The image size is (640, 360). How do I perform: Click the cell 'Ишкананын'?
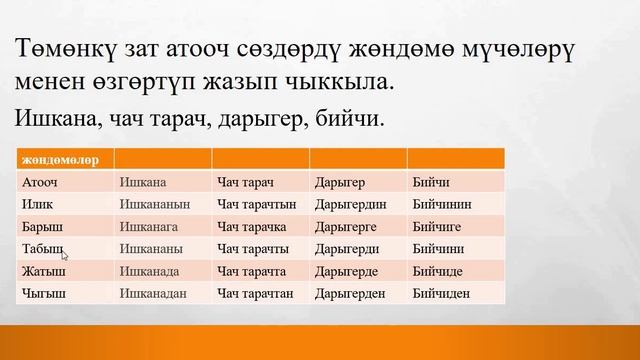149,205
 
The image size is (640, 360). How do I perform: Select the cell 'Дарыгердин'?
346,205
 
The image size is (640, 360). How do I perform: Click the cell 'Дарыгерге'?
343,227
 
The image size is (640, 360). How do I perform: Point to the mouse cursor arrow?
64,255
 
